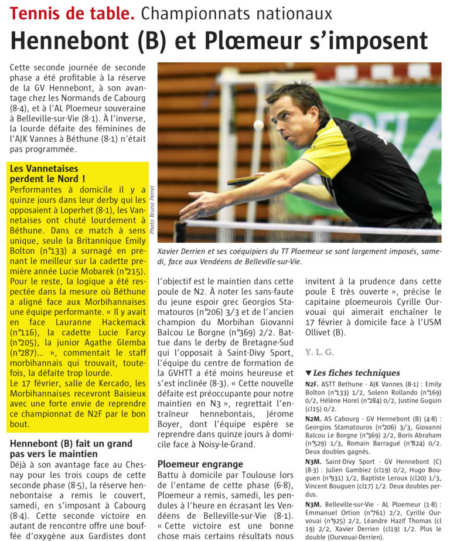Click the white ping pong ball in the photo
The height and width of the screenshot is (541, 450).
[x=258, y=124]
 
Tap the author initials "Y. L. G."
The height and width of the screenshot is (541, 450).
[x=319, y=352]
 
